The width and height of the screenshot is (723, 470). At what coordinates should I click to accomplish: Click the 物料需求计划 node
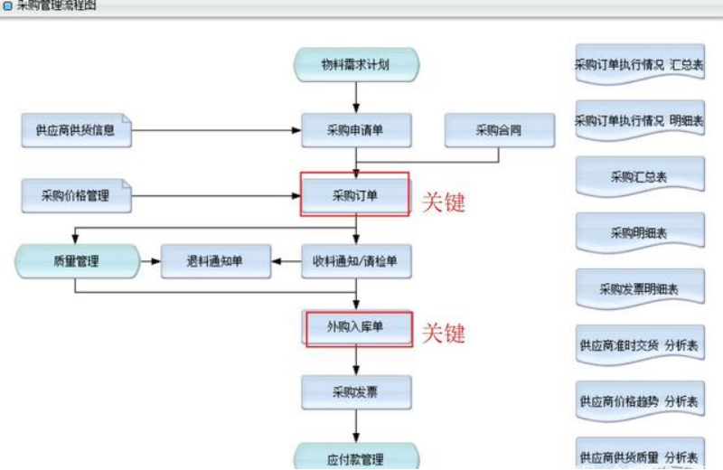click(356, 64)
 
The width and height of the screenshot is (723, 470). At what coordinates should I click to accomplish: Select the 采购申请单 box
click(356, 130)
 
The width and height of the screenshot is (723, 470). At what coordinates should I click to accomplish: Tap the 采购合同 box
click(498, 130)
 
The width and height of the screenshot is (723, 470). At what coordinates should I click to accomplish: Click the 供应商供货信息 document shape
click(77, 130)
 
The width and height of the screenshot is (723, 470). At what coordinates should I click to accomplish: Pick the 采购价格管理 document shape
click(77, 195)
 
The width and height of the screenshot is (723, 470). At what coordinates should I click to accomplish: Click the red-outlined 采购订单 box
click(355, 194)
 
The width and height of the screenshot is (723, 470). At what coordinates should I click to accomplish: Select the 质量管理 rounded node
click(77, 261)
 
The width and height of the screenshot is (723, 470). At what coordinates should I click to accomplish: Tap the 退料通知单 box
click(214, 261)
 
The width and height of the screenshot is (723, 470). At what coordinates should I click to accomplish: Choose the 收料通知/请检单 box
click(356, 261)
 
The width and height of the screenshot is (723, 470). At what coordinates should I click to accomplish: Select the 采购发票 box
click(356, 391)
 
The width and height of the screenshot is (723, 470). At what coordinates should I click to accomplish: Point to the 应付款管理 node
click(356, 457)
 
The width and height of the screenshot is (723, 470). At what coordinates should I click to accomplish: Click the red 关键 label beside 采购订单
click(444, 202)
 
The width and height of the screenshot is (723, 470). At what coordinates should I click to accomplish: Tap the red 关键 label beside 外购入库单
click(444, 333)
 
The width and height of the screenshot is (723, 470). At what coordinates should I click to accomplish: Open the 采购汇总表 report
click(640, 177)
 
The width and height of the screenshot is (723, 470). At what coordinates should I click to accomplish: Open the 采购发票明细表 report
click(640, 290)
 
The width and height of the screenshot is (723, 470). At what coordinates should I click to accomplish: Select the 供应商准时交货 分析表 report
click(640, 345)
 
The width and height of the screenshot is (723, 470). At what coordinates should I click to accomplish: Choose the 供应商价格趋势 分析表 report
click(640, 400)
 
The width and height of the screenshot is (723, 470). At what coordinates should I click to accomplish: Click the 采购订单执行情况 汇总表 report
click(640, 65)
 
